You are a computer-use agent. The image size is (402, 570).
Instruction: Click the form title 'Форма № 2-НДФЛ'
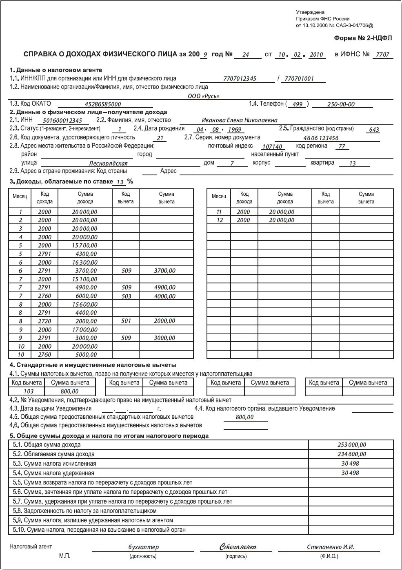point(362,38)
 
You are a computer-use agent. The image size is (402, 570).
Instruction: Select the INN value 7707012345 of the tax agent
point(240,79)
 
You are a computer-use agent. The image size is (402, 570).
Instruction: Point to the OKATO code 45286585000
point(103,104)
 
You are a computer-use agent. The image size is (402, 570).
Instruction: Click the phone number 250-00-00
point(341,104)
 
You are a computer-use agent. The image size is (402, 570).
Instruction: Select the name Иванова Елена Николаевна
point(240,120)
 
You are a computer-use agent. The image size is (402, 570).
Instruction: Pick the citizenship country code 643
point(374,130)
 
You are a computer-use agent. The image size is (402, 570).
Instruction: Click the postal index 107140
point(272,147)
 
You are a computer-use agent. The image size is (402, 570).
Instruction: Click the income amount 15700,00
point(85,245)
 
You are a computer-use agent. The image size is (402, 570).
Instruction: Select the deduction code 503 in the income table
point(127,296)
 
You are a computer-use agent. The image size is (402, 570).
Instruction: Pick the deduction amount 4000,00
point(165,296)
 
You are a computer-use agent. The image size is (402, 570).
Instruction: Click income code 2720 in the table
point(44,321)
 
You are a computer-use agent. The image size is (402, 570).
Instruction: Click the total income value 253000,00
point(352,445)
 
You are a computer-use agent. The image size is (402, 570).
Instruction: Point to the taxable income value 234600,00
point(352,454)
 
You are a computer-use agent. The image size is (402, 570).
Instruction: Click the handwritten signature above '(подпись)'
point(238,547)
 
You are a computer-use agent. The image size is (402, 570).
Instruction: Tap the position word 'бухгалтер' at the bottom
point(143,547)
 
